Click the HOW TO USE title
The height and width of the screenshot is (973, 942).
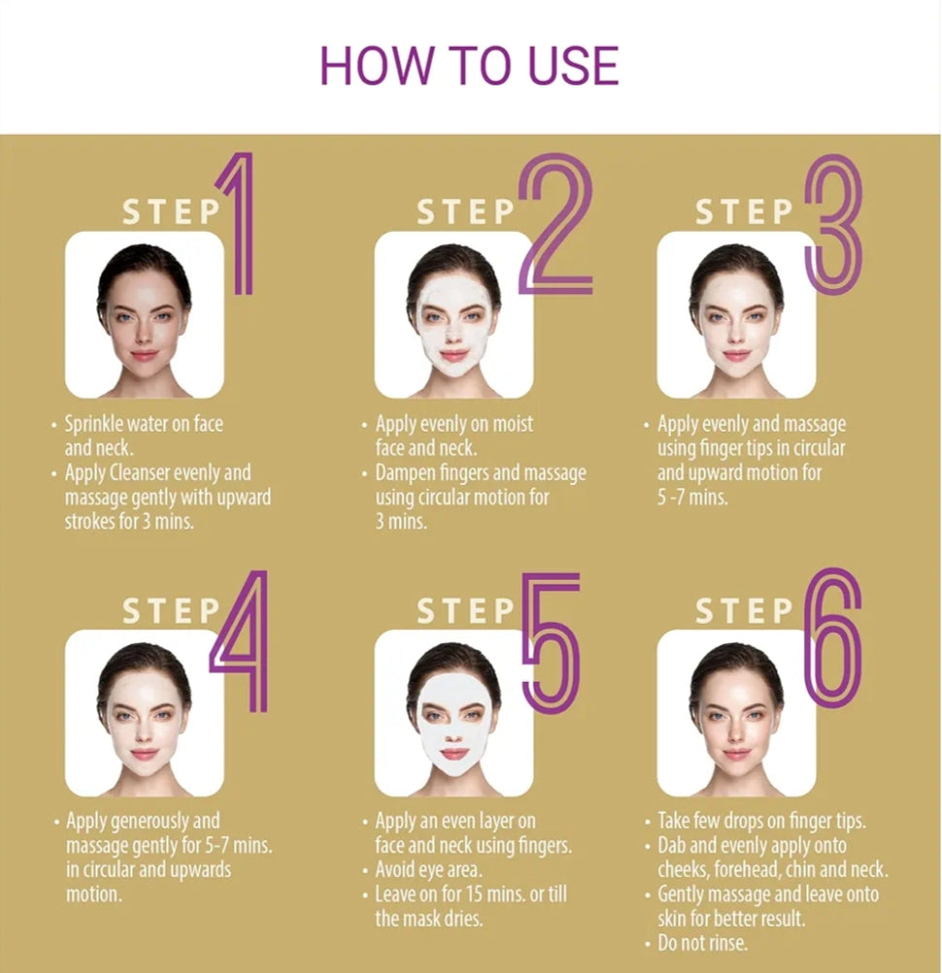[x=470, y=65]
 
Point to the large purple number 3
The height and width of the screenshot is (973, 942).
[x=833, y=223]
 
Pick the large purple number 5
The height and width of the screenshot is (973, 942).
[x=551, y=643]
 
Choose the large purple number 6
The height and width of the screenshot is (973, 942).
[x=832, y=639]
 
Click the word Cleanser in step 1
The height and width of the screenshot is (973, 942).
[x=140, y=472]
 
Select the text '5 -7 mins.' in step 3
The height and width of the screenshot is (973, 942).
[x=693, y=497]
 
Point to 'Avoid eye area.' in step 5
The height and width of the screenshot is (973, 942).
[x=428, y=869]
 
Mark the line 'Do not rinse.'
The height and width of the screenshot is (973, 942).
[x=702, y=943]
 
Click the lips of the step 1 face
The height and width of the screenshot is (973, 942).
[x=144, y=356]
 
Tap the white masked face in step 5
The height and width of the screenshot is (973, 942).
[x=454, y=726]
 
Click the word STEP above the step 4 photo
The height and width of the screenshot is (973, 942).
[x=172, y=610]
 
